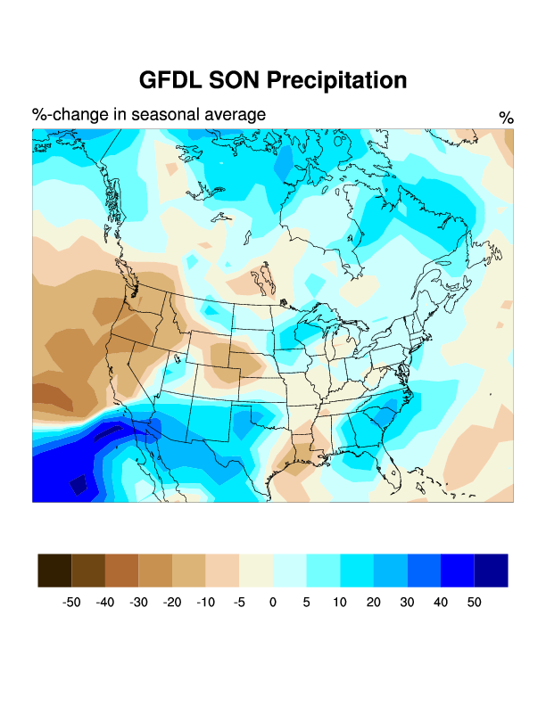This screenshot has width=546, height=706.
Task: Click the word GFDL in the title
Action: point(170,80)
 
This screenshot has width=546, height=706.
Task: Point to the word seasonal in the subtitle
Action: point(158,115)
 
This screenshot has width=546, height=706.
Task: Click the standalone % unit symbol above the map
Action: point(506,118)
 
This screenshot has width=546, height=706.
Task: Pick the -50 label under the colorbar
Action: point(71,603)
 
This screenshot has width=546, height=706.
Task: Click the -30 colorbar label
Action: point(138,603)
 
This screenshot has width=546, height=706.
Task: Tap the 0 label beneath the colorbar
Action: point(273,603)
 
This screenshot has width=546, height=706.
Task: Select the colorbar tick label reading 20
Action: point(373,603)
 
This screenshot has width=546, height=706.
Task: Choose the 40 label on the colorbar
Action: point(440,603)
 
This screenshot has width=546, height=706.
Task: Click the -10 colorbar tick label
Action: point(205,603)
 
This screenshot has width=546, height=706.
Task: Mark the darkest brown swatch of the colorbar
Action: point(54,571)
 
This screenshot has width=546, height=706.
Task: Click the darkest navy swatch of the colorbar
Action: point(491,571)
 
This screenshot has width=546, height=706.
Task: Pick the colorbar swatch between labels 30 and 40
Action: point(424,571)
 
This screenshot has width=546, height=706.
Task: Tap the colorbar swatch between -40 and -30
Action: point(121,571)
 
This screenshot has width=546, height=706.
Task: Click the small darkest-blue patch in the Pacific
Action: point(79,485)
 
